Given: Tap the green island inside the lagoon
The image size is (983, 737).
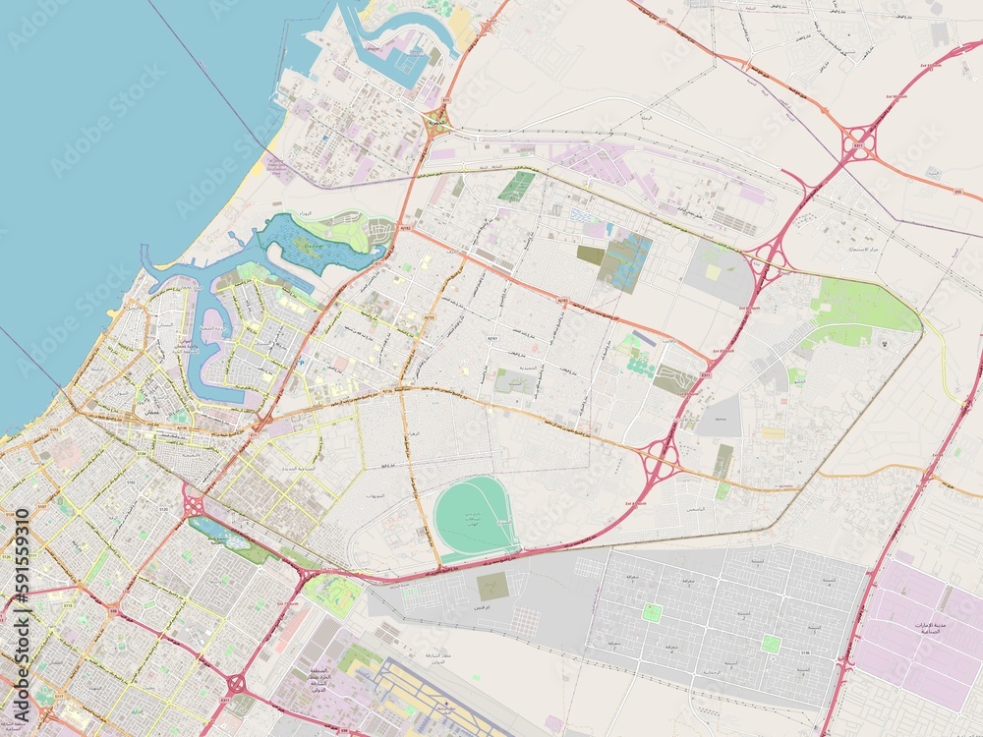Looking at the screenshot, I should pyautogui.click(x=308, y=248).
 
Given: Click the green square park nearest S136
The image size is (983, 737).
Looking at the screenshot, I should pyautogui.click(x=771, y=644).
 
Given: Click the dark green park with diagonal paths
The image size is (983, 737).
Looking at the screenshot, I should pyautogui.click(x=516, y=186).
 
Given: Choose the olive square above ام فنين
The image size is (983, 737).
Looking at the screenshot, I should pyautogui.click(x=492, y=586).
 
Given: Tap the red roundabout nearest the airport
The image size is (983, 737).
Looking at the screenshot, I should pyautogui.click(x=237, y=682).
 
